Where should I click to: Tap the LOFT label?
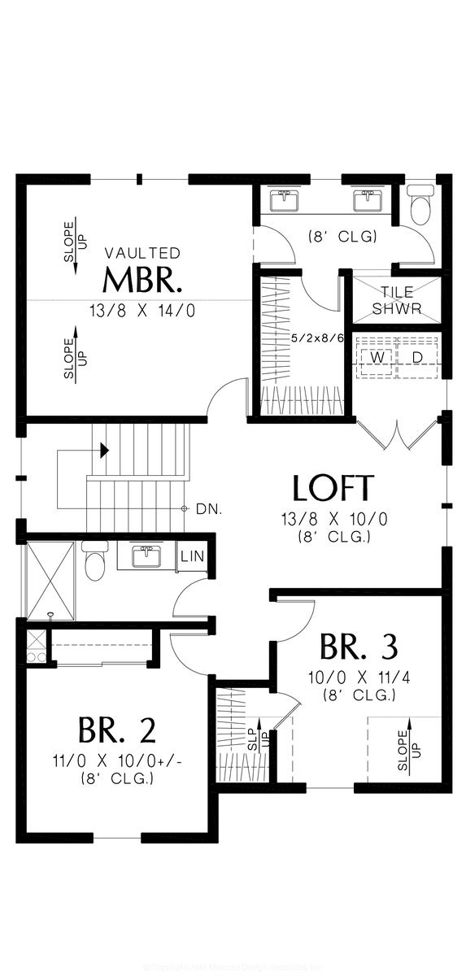click(333, 488)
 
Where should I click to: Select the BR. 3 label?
click(359, 647)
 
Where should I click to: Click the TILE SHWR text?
click(392, 300)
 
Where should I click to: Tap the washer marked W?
click(377, 357)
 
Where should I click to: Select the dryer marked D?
click(416, 357)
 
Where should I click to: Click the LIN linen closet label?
click(192, 556)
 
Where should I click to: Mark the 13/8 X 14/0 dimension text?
click(142, 311)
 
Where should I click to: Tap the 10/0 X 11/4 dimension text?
click(359, 678)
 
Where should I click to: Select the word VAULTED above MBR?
click(142, 253)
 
